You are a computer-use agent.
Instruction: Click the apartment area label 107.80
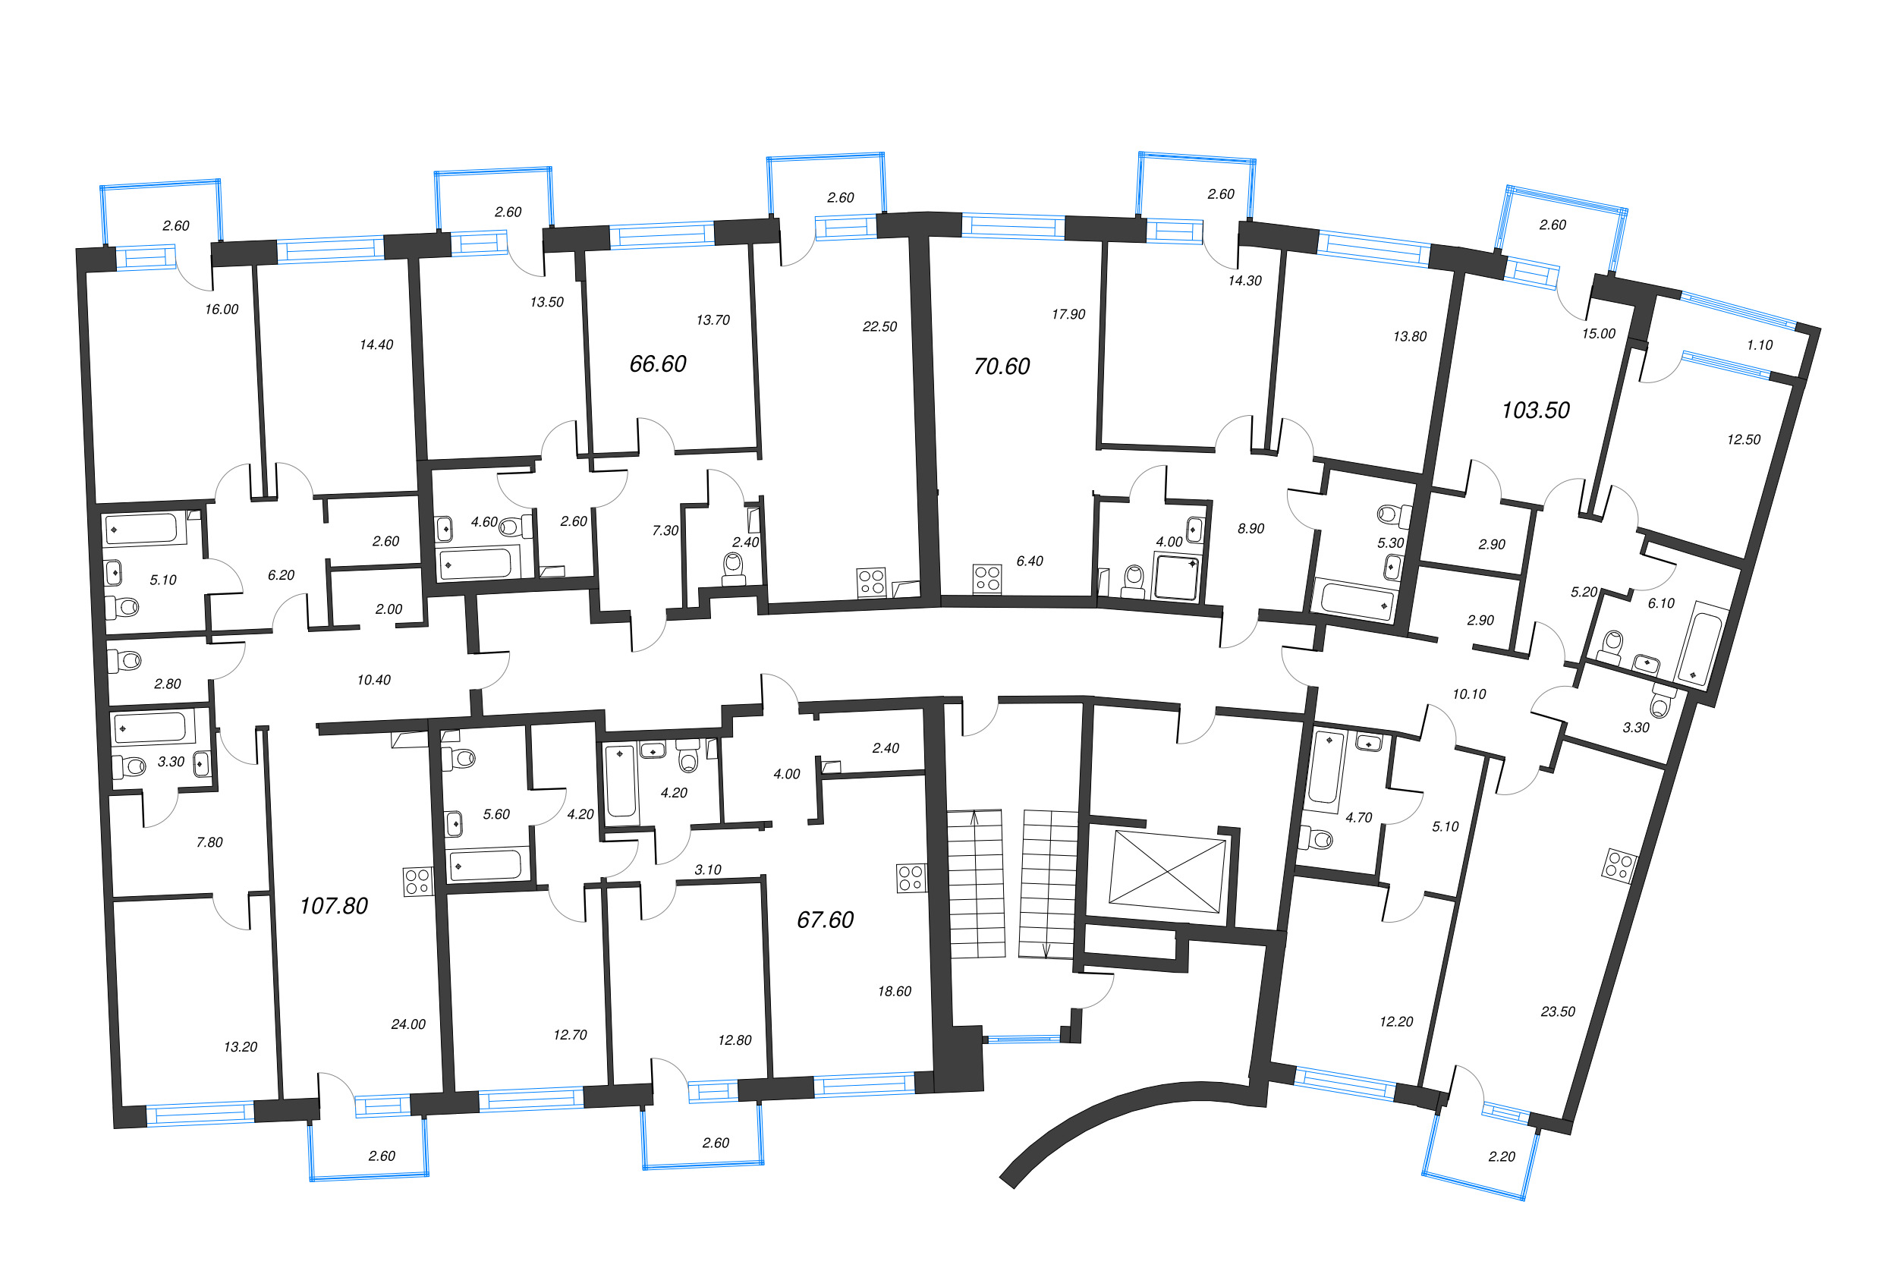coord(333,906)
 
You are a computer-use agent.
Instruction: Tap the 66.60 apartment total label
coord(657,364)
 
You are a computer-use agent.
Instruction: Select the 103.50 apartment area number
coord(1535,410)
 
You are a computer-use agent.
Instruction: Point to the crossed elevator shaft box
coord(1167,871)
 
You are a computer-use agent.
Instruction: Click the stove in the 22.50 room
coord(870,582)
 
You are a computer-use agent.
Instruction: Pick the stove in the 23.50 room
coord(1619,865)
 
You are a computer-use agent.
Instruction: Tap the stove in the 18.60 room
coord(911,878)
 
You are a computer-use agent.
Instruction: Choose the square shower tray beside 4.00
coord(1177,576)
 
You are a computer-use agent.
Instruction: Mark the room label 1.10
coord(1760,345)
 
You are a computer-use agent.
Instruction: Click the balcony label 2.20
coord(1501,1156)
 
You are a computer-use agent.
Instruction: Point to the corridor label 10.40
coord(374,680)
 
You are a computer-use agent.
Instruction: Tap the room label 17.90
coord(1068,314)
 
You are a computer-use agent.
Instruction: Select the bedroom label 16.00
coord(222,310)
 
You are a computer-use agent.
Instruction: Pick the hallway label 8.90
coord(1251,529)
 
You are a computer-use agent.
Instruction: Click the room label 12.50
coord(1743,440)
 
